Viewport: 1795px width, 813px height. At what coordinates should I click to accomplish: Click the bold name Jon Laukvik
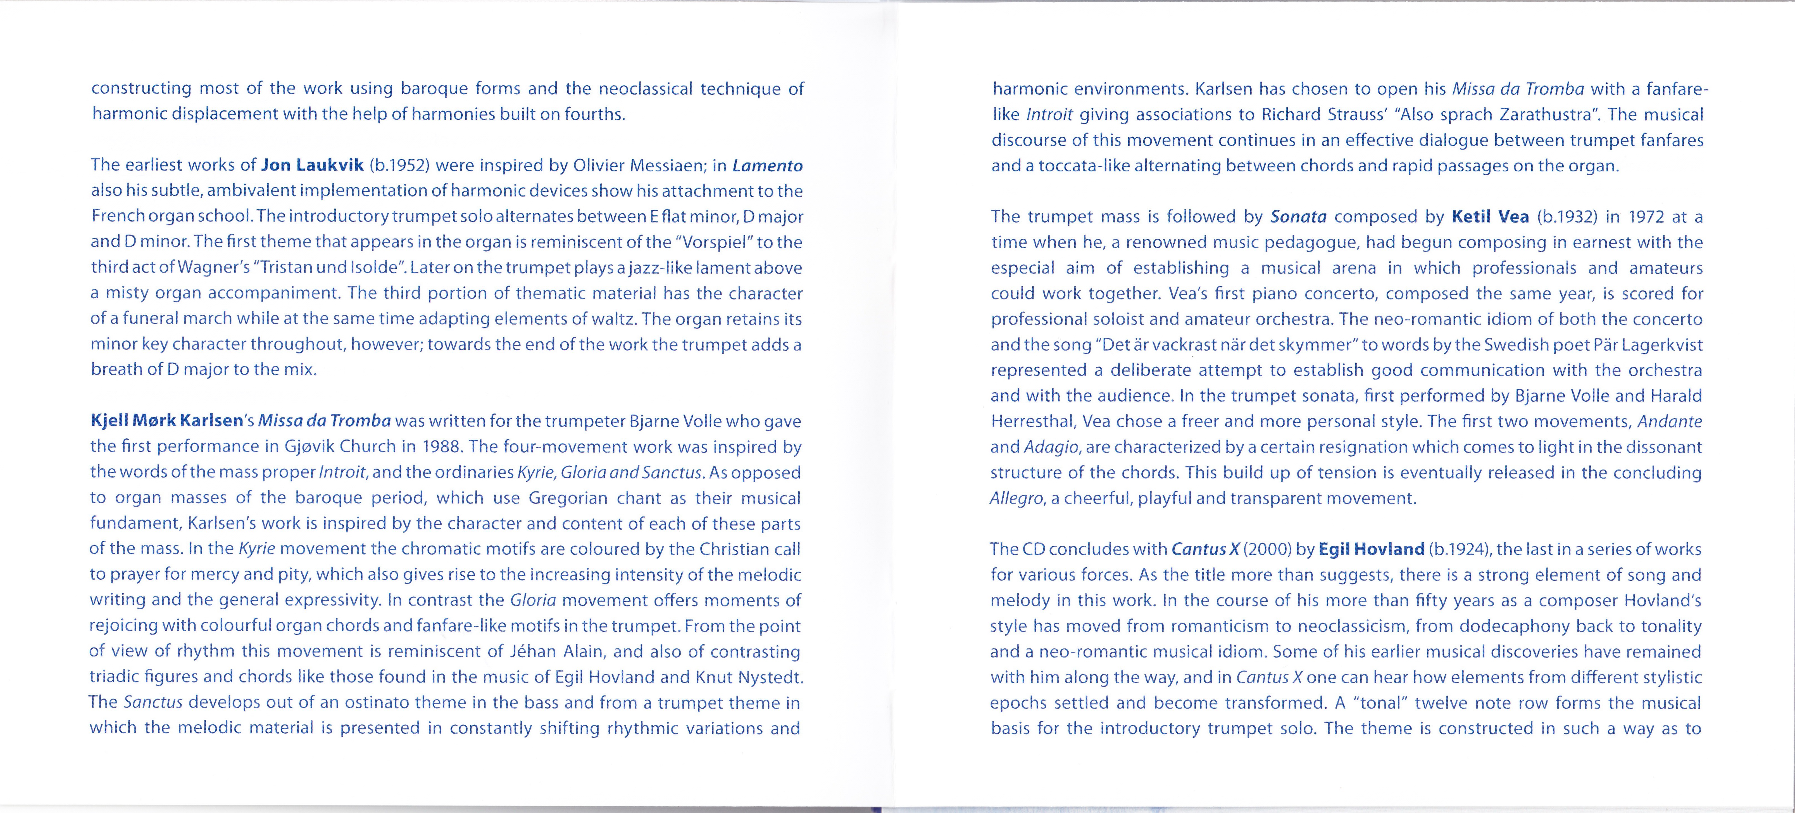pyautogui.click(x=312, y=165)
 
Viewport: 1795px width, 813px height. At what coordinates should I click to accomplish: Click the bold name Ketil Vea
pyautogui.click(x=1490, y=217)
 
